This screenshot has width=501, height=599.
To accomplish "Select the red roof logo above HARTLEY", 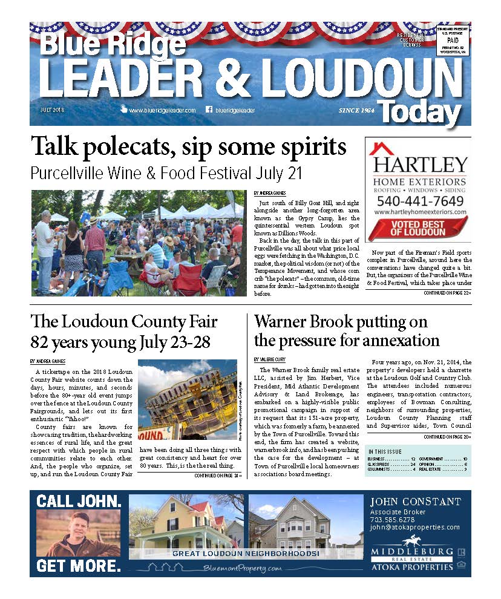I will [x=381, y=148].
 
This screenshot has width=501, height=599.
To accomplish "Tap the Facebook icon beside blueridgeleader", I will [x=209, y=110].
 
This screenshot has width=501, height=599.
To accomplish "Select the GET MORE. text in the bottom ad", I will [x=79, y=566].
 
